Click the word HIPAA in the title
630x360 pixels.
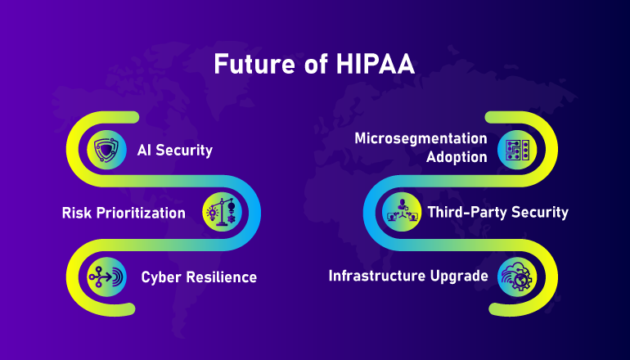pos(375,64)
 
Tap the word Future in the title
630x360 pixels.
pos(255,64)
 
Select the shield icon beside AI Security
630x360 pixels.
pos(106,150)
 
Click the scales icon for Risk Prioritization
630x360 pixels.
pos(223,212)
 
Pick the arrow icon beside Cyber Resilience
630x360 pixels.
pos(106,277)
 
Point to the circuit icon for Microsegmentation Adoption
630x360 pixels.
pos(517,150)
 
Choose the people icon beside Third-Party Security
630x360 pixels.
pos(402,212)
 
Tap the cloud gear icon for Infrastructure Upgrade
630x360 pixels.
pos(517,277)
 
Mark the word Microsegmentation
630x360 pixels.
pos(421,138)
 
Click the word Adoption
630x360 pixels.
pos(457,157)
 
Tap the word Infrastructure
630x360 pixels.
pos(376,276)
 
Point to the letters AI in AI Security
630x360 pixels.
pos(144,151)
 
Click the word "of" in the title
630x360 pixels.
pos(316,65)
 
